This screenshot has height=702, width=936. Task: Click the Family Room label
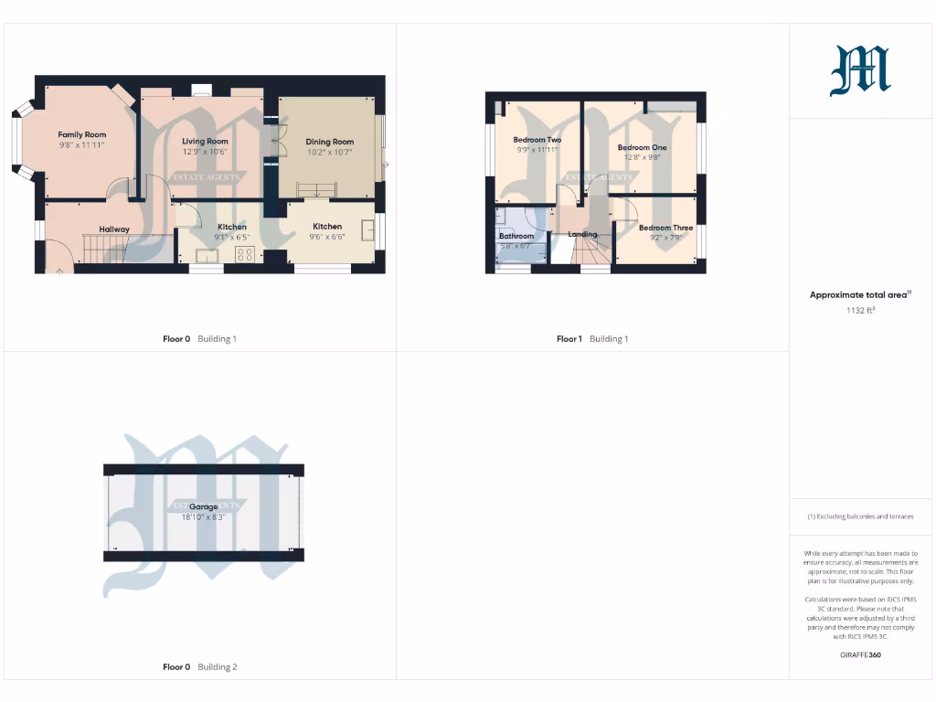[82, 134]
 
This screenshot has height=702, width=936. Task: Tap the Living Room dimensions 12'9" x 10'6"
[205, 153]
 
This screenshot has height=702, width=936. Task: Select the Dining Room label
[330, 142]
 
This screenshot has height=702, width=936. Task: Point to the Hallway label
[114, 229]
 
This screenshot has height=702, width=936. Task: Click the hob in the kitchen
[245, 254]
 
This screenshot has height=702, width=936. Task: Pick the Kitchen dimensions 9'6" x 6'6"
[327, 237]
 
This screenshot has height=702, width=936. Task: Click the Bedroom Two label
[537, 140]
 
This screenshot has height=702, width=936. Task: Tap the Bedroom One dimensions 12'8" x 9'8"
[642, 157]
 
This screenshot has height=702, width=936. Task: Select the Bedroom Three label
[665, 228]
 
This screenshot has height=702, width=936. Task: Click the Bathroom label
[516, 236]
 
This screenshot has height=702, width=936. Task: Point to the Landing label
[582, 234]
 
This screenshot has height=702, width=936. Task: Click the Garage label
[204, 506]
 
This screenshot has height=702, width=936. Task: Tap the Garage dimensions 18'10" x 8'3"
[204, 517]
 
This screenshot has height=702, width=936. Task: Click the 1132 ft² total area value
[860, 310]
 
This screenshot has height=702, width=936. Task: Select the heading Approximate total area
[860, 295]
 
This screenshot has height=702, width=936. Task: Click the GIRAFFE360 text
[860, 655]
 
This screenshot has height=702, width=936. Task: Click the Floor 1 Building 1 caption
[592, 339]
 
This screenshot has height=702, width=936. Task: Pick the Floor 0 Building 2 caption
[199, 667]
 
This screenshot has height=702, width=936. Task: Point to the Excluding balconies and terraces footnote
[860, 516]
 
